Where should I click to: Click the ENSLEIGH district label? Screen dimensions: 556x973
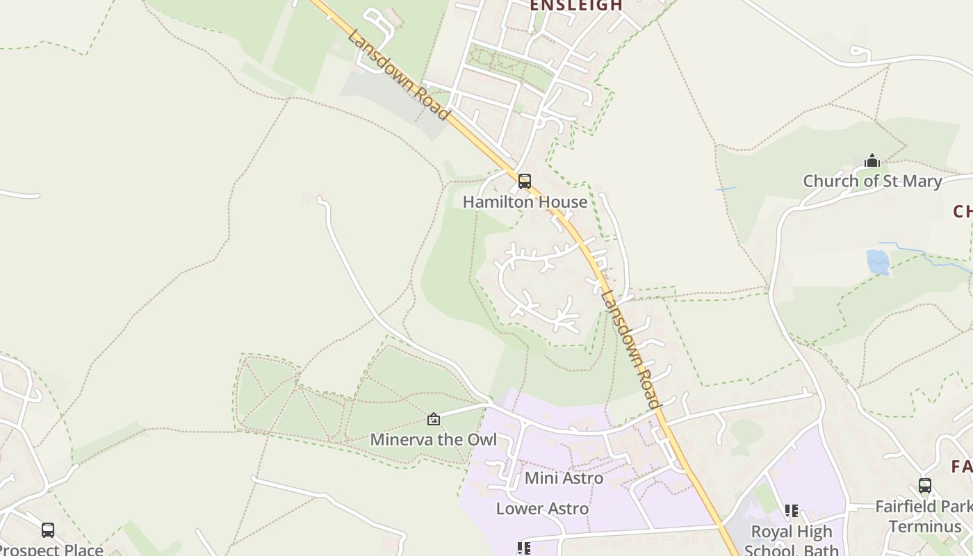pyautogui.click(x=576, y=6)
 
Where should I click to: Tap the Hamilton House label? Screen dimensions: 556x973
pyautogui.click(x=525, y=202)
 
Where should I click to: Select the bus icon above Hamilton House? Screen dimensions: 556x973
pyautogui.click(x=525, y=181)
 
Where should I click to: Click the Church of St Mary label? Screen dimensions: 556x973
pyautogui.click(x=872, y=181)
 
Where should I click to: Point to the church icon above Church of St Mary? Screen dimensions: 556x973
pyautogui.click(x=872, y=161)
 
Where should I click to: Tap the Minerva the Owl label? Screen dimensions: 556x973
pyautogui.click(x=434, y=439)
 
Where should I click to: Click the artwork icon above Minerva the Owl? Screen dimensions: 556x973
pyautogui.click(x=434, y=419)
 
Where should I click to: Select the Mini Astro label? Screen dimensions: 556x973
pyautogui.click(x=564, y=478)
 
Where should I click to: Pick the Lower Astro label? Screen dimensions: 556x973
pyautogui.click(x=542, y=509)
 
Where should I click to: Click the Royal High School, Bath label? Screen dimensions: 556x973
pyautogui.click(x=792, y=540)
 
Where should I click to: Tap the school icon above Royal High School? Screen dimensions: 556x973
pyautogui.click(x=792, y=511)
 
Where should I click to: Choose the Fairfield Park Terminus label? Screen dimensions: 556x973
pyautogui.click(x=924, y=516)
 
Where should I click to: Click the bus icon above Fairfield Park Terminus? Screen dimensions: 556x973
pyautogui.click(x=924, y=486)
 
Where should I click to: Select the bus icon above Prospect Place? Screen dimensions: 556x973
pyautogui.click(x=48, y=530)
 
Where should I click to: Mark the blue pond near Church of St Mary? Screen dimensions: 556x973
pyautogui.click(x=878, y=262)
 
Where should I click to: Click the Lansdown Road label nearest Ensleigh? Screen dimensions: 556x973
pyautogui.click(x=398, y=74)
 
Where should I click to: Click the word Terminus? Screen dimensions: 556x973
pyautogui.click(x=924, y=525)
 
